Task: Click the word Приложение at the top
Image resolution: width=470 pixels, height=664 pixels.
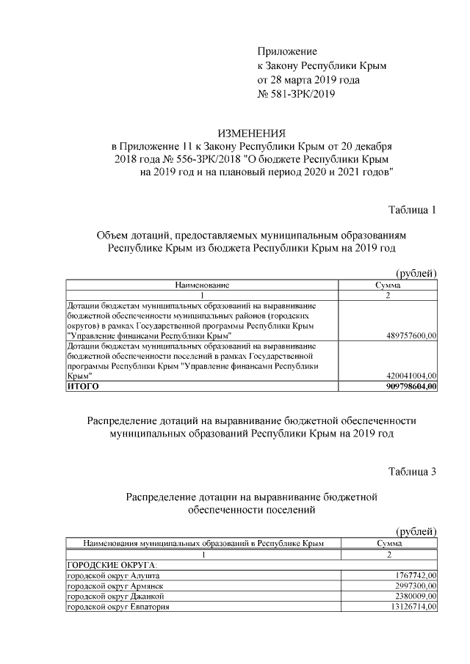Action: [287, 51]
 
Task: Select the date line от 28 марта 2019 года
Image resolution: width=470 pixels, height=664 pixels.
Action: [308, 79]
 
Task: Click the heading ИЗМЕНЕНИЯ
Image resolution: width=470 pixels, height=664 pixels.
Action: [252, 133]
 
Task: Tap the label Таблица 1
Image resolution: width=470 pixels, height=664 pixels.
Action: [412, 211]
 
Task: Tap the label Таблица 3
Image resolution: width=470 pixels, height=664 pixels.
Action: [412, 472]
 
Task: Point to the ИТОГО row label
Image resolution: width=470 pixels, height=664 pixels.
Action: [82, 385]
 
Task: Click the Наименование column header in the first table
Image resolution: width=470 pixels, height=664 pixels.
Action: [202, 284]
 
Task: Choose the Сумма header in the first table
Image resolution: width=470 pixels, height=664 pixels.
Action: [387, 284]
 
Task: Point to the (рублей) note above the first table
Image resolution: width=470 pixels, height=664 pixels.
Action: [416, 273]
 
